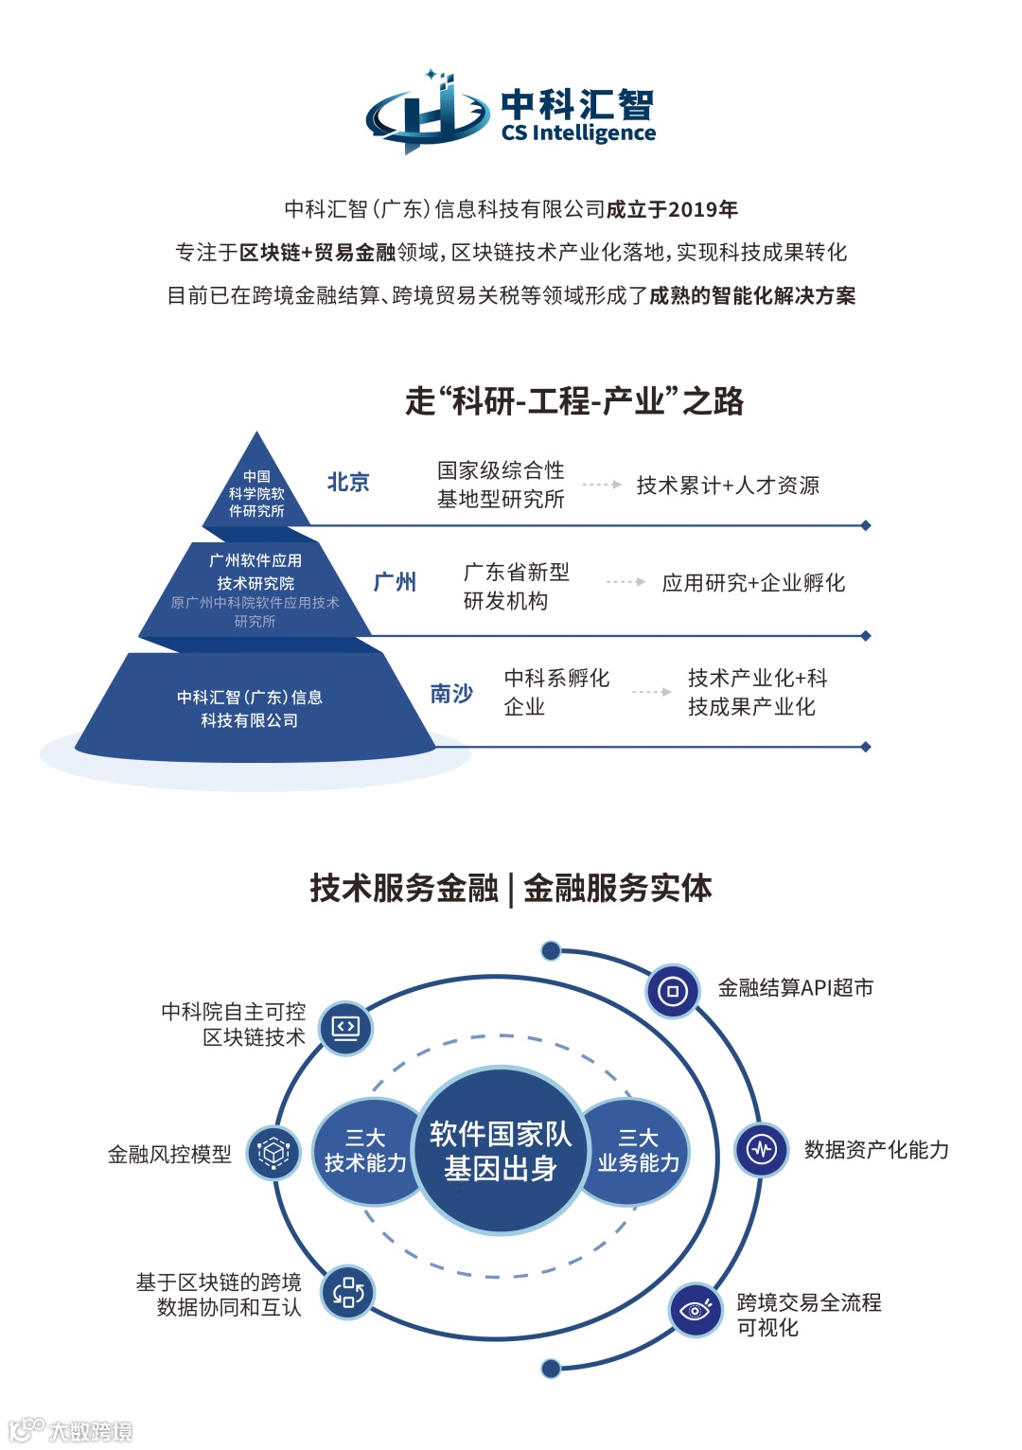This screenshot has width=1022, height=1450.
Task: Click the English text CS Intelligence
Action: (578, 133)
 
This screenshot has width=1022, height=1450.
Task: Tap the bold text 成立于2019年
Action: (672, 209)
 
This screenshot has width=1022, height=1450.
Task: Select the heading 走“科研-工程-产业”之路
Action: (574, 401)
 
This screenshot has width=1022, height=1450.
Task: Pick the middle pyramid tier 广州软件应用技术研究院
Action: (255, 588)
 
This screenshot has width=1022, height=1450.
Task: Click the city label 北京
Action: (348, 483)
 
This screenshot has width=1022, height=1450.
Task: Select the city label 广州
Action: (395, 582)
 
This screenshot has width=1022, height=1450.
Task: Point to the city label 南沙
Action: (451, 694)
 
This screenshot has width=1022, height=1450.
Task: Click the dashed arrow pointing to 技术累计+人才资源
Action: (602, 485)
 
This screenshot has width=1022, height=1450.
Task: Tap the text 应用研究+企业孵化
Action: (753, 583)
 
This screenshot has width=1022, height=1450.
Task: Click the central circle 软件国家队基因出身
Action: (500, 1151)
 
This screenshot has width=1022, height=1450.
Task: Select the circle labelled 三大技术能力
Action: (365, 1151)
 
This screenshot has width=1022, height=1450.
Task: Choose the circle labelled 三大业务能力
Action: (638, 1151)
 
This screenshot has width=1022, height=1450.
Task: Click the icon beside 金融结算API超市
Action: (673, 991)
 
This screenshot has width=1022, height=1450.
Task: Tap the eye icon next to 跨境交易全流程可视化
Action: (696, 1310)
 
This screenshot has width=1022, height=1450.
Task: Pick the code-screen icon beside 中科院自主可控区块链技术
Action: (346, 1027)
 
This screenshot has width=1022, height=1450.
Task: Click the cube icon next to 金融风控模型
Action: (274, 1153)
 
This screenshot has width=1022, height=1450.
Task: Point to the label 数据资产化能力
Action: (876, 1150)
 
